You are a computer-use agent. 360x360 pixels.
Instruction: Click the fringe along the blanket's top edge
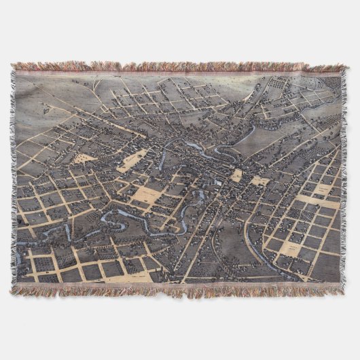pyautogui.click(x=180, y=67)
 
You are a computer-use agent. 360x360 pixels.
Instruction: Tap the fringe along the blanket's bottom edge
pyautogui.click(x=180, y=290)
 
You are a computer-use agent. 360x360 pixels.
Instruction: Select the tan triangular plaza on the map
pyautogui.click(x=84, y=158)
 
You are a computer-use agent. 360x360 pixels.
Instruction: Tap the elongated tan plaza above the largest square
pyautogui.click(x=133, y=160)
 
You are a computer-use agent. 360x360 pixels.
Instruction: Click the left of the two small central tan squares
pyautogui.click(x=236, y=176)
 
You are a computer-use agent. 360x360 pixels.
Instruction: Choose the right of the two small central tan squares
pyautogui.click(x=259, y=181)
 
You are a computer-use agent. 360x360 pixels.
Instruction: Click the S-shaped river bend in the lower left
pyautogui.click(x=112, y=219)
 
